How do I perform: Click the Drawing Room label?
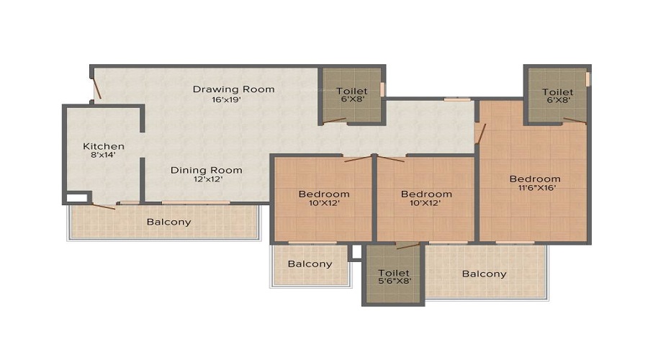(233, 89)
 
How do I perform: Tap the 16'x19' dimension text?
(226, 99)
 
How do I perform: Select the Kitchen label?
(103, 146)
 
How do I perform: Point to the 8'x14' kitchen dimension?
(103, 155)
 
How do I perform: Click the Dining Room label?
(206, 171)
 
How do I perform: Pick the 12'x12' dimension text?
(208, 179)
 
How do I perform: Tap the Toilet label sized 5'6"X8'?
(393, 273)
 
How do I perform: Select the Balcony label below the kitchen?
(168, 222)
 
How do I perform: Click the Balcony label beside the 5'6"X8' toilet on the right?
(484, 274)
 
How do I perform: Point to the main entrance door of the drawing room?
(97, 88)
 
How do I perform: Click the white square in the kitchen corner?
(77, 197)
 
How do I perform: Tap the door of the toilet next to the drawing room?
(334, 121)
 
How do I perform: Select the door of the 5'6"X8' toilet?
(408, 246)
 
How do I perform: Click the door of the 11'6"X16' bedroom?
(480, 133)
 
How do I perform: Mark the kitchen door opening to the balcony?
(103, 206)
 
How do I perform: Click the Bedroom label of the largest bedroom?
(535, 179)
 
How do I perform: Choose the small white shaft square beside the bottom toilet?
(356, 252)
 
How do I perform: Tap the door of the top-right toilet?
(575, 121)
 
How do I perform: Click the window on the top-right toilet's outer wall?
(588, 79)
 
